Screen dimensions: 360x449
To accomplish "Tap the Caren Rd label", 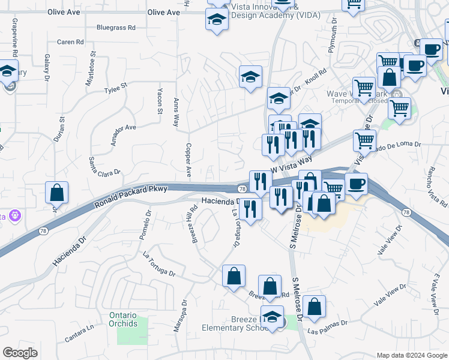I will tap(70, 42).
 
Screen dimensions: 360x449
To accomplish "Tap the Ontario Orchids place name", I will tap(132, 319).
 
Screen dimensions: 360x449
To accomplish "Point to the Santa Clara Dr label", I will tap(104, 166).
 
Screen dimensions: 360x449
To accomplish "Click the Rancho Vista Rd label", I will tap(436, 185).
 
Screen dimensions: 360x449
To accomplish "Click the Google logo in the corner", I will tap(20, 353).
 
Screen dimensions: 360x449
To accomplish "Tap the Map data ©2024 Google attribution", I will tap(411, 355).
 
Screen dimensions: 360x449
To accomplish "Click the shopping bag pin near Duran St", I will tap(56, 193).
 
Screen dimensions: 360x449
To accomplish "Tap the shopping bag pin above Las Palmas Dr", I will tap(314, 307).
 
